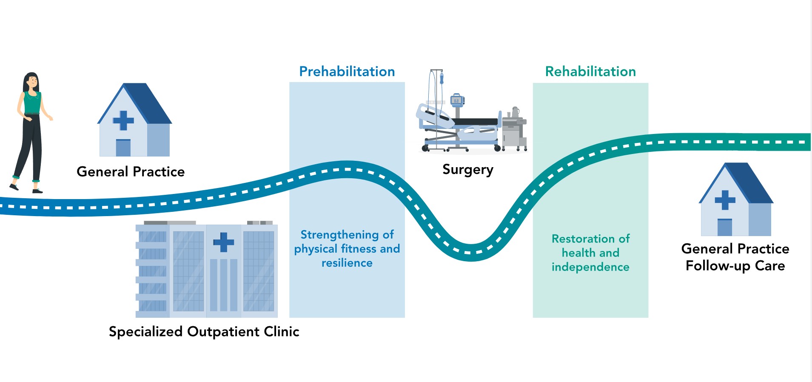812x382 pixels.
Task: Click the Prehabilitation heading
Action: pos(347,71)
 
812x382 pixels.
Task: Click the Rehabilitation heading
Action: pos(590,71)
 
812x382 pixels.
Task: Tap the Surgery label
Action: pos(468,170)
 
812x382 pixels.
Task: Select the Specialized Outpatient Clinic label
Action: pos(204,331)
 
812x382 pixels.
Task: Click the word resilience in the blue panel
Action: pos(347,263)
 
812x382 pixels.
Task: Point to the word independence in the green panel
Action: pos(590,267)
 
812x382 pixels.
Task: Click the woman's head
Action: pos(31,81)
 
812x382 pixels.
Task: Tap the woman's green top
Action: pos(32,102)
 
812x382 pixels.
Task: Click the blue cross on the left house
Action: pos(123,120)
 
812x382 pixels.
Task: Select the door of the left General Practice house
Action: pos(123,148)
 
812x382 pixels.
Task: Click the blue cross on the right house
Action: pos(725,200)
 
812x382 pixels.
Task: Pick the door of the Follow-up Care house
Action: pos(725,227)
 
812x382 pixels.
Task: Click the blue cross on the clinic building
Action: pos(224,242)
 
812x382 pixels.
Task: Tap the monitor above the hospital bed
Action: pos(457,100)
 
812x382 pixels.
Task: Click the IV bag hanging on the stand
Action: pos(442,79)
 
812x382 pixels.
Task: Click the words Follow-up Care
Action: pos(735,266)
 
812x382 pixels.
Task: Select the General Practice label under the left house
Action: pos(131,171)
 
